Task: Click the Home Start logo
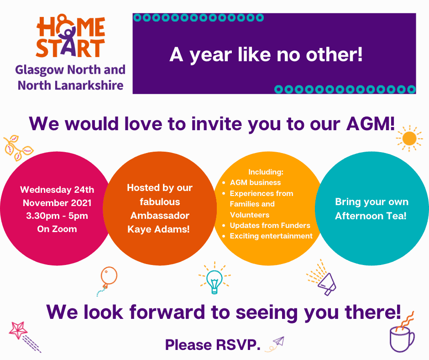(70, 36)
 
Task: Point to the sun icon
(409, 138)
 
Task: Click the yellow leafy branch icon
(18, 148)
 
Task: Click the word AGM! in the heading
(371, 124)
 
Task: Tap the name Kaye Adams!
(158, 229)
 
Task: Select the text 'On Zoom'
(57, 229)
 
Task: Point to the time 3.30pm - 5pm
(57, 216)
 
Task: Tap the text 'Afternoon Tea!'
(371, 216)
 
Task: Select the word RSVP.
(237, 344)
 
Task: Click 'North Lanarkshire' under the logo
(71, 85)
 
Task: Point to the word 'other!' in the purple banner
(334, 54)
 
